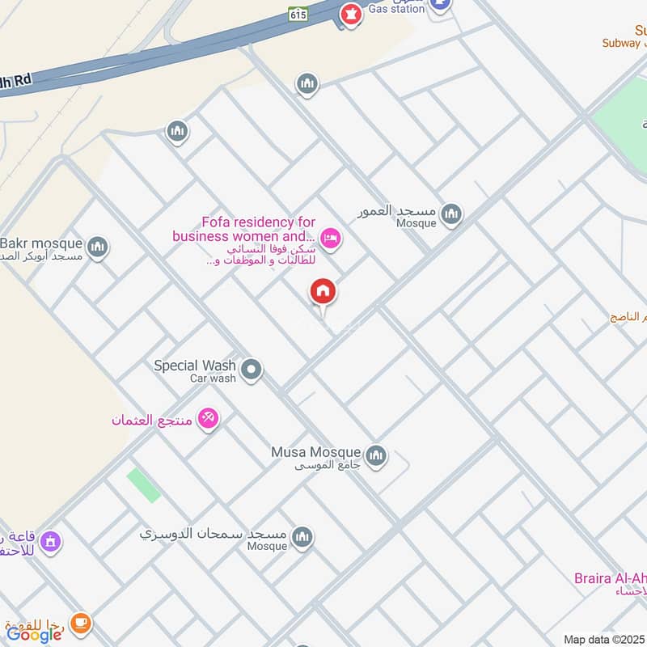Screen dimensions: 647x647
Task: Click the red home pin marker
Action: pyautogui.click(x=323, y=292)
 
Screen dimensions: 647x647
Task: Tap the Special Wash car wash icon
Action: pyautogui.click(x=252, y=370)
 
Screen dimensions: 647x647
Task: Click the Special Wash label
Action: pyautogui.click(x=195, y=366)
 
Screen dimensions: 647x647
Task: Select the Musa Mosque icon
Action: pyautogui.click(x=375, y=456)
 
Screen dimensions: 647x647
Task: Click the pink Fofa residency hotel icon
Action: pyautogui.click(x=329, y=238)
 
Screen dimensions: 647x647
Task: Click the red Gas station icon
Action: pyautogui.click(x=350, y=14)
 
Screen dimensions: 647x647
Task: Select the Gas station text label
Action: pyautogui.click(x=396, y=9)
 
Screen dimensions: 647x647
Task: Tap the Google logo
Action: pyautogui.click(x=34, y=634)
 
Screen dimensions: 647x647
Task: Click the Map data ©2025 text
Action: pyautogui.click(x=603, y=640)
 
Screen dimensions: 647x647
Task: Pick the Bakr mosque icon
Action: pyautogui.click(x=98, y=246)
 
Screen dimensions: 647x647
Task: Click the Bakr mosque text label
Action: pyautogui.click(x=40, y=243)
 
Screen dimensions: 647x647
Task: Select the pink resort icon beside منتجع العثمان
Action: pyautogui.click(x=208, y=418)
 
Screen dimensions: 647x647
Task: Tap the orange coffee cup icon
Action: pyautogui.click(x=80, y=622)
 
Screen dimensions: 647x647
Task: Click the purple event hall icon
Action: pyautogui.click(x=51, y=540)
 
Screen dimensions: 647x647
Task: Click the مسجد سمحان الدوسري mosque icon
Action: pyautogui.click(x=302, y=537)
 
